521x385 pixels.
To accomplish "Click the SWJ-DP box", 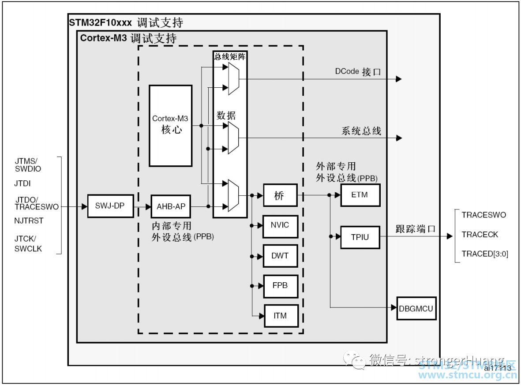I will [110, 206].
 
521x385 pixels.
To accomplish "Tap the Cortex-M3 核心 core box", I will [171, 125].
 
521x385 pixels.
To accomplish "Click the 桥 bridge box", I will [280, 195].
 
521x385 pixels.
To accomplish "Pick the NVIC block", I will [280, 226].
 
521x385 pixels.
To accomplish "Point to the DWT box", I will [280, 256].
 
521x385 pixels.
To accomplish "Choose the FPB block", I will [280, 286].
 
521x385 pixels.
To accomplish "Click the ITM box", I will [280, 316].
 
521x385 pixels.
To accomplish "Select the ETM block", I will [360, 194].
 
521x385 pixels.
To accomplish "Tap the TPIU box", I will [360, 237].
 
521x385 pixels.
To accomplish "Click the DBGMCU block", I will [416, 308].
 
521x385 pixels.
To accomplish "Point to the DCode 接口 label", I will [358, 72].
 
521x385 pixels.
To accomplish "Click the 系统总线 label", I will [361, 131].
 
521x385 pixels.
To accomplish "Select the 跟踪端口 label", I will [415, 229].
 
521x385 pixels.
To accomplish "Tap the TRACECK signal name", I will [480, 235].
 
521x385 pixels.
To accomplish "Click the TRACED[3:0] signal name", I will [485, 254].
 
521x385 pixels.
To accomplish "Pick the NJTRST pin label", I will [29, 221].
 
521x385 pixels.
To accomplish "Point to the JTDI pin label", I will [22, 183].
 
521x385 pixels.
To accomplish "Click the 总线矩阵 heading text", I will [230, 56].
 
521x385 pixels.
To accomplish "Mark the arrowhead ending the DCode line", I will [398, 79].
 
